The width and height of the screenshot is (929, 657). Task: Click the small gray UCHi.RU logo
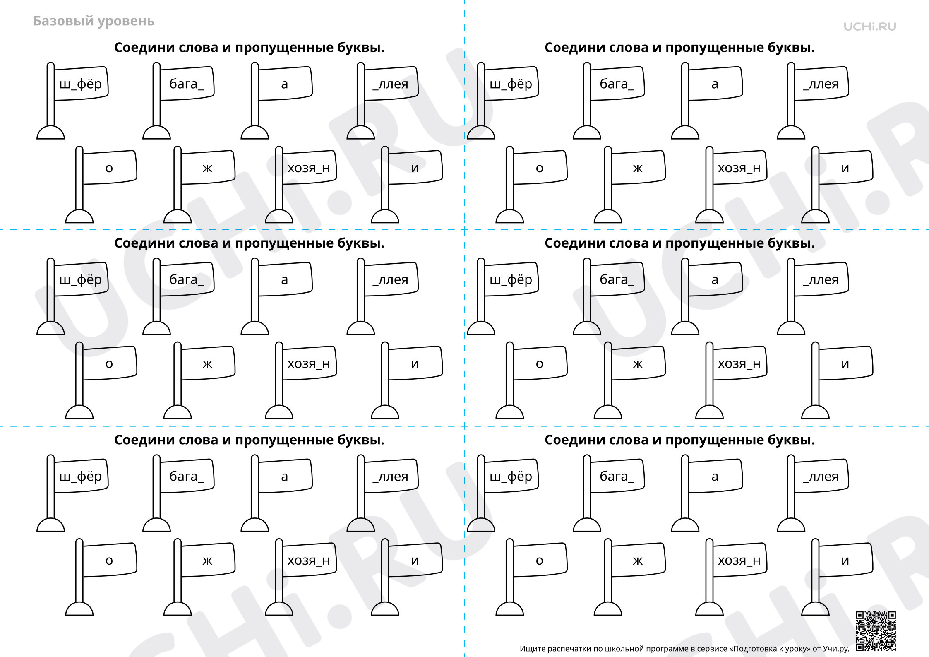coord(870,26)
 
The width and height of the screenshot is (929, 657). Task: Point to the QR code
coord(876,631)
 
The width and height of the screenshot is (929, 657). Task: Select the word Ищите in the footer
coord(533,649)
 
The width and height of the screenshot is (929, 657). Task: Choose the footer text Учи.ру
coord(836,649)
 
